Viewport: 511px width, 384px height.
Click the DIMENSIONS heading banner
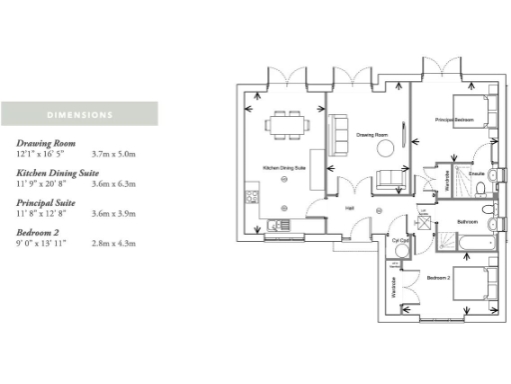[79, 113]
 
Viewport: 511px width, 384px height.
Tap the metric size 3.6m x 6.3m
[112, 185]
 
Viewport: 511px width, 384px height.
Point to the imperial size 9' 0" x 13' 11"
[42, 243]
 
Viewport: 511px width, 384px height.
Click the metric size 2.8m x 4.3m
[112, 243]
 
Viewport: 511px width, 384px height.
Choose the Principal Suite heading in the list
[48, 203]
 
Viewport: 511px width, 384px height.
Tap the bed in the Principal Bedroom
[470, 111]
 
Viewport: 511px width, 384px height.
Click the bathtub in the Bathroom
[466, 241]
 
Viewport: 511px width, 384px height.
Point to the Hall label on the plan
[349, 208]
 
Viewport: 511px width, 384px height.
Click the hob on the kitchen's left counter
[249, 190]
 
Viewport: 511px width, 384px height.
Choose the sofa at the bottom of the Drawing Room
[390, 180]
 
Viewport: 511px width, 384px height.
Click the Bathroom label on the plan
[467, 221]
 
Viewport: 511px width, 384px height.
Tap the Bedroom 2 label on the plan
[437, 276]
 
